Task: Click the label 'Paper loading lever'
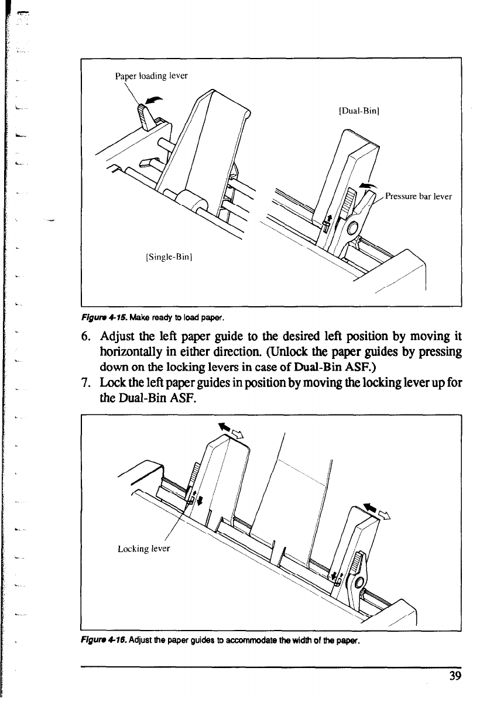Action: point(151,75)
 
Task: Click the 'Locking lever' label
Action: point(143,549)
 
